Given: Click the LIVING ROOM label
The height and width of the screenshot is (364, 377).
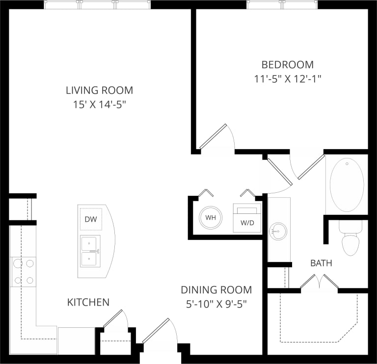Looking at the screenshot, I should [99, 90].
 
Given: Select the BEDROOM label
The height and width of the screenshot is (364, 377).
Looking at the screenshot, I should [287, 64].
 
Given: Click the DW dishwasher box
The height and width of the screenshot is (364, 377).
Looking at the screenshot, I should [90, 219].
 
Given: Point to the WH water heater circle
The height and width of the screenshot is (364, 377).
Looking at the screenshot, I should [211, 217].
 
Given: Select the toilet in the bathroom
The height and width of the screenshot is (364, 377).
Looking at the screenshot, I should [350, 241].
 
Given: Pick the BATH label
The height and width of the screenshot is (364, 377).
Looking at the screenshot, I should [321, 263].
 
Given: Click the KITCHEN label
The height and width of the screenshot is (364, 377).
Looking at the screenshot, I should [88, 302].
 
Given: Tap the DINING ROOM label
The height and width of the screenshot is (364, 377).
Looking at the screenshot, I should [216, 290].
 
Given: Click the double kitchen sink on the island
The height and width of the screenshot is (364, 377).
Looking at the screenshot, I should [90, 250].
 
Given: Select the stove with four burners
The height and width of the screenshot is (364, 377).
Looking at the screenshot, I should [24, 272].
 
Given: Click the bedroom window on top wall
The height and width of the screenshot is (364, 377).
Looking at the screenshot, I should [282, 4].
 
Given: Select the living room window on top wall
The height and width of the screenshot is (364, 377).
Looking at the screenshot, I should [97, 4].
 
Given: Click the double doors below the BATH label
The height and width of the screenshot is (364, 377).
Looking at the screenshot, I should [319, 283].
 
